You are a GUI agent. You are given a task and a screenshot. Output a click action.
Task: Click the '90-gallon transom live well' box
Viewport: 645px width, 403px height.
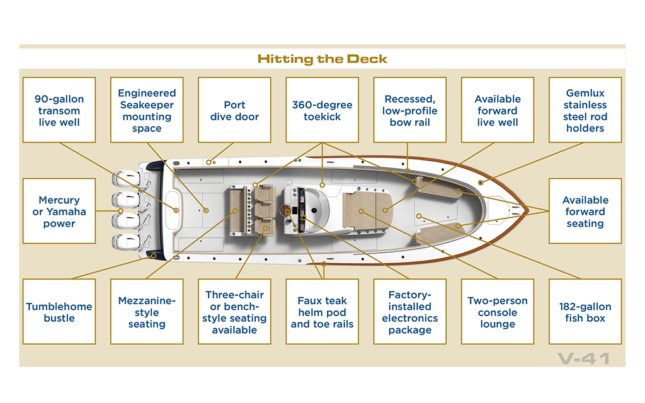click(x=59, y=110)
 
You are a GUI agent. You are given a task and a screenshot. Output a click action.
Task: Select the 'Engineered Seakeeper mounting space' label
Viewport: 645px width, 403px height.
click(x=147, y=110)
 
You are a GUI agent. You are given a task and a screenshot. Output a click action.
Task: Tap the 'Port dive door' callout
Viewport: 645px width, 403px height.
click(x=234, y=110)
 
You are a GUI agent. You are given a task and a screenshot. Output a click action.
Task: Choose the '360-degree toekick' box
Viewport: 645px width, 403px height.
click(x=322, y=110)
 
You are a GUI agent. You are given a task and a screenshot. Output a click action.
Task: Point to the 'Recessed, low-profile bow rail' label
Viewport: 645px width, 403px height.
click(x=409, y=110)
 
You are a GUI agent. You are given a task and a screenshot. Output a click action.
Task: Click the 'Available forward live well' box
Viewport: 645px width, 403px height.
click(x=498, y=110)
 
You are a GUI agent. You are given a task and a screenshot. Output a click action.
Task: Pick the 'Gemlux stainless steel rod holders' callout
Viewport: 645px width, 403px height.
click(x=585, y=110)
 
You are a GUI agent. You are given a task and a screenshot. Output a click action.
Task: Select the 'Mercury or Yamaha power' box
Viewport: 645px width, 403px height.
click(x=59, y=211)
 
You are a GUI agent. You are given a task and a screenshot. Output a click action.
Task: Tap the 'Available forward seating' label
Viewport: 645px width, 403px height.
click(x=585, y=211)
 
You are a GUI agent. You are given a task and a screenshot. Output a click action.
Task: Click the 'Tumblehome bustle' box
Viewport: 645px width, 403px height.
click(x=59, y=312)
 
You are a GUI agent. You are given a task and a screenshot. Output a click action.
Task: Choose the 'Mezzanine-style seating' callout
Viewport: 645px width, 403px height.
click(x=147, y=312)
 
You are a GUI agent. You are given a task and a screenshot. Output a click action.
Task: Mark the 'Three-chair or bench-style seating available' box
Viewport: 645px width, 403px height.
click(x=234, y=312)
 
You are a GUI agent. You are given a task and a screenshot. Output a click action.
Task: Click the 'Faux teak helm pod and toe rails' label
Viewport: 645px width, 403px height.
click(x=322, y=312)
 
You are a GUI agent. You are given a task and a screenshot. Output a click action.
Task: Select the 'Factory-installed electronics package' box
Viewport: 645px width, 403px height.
click(x=409, y=312)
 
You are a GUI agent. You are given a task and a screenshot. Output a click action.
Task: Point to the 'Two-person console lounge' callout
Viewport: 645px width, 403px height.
click(x=498, y=312)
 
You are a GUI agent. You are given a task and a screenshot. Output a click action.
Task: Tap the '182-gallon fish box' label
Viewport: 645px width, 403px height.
click(x=585, y=312)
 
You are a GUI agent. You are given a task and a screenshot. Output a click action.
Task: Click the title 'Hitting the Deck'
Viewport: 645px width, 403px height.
click(x=322, y=59)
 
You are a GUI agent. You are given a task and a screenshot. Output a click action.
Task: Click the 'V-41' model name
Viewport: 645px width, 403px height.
click(x=584, y=358)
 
